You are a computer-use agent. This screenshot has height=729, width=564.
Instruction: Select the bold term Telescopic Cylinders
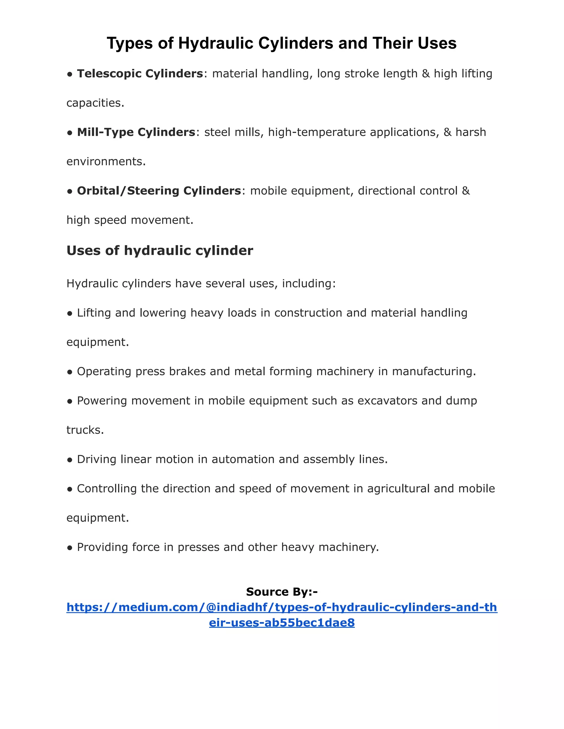coord(140,73)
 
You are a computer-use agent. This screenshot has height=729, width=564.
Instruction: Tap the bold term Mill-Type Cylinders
coord(136,132)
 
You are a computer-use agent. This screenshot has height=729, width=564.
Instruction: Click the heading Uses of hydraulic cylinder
coord(160,250)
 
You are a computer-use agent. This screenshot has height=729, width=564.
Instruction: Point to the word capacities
coord(95,103)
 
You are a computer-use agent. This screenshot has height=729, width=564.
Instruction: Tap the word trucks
coord(85,430)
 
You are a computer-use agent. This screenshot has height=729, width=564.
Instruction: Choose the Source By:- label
coord(282,592)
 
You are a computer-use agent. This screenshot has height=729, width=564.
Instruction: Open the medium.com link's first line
coord(282,607)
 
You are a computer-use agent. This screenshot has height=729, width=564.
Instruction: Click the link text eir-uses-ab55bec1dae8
coord(282,623)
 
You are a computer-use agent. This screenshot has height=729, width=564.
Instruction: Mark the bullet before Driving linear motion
coord(69,460)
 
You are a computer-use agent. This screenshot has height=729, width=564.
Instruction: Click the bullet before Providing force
coord(69,548)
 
